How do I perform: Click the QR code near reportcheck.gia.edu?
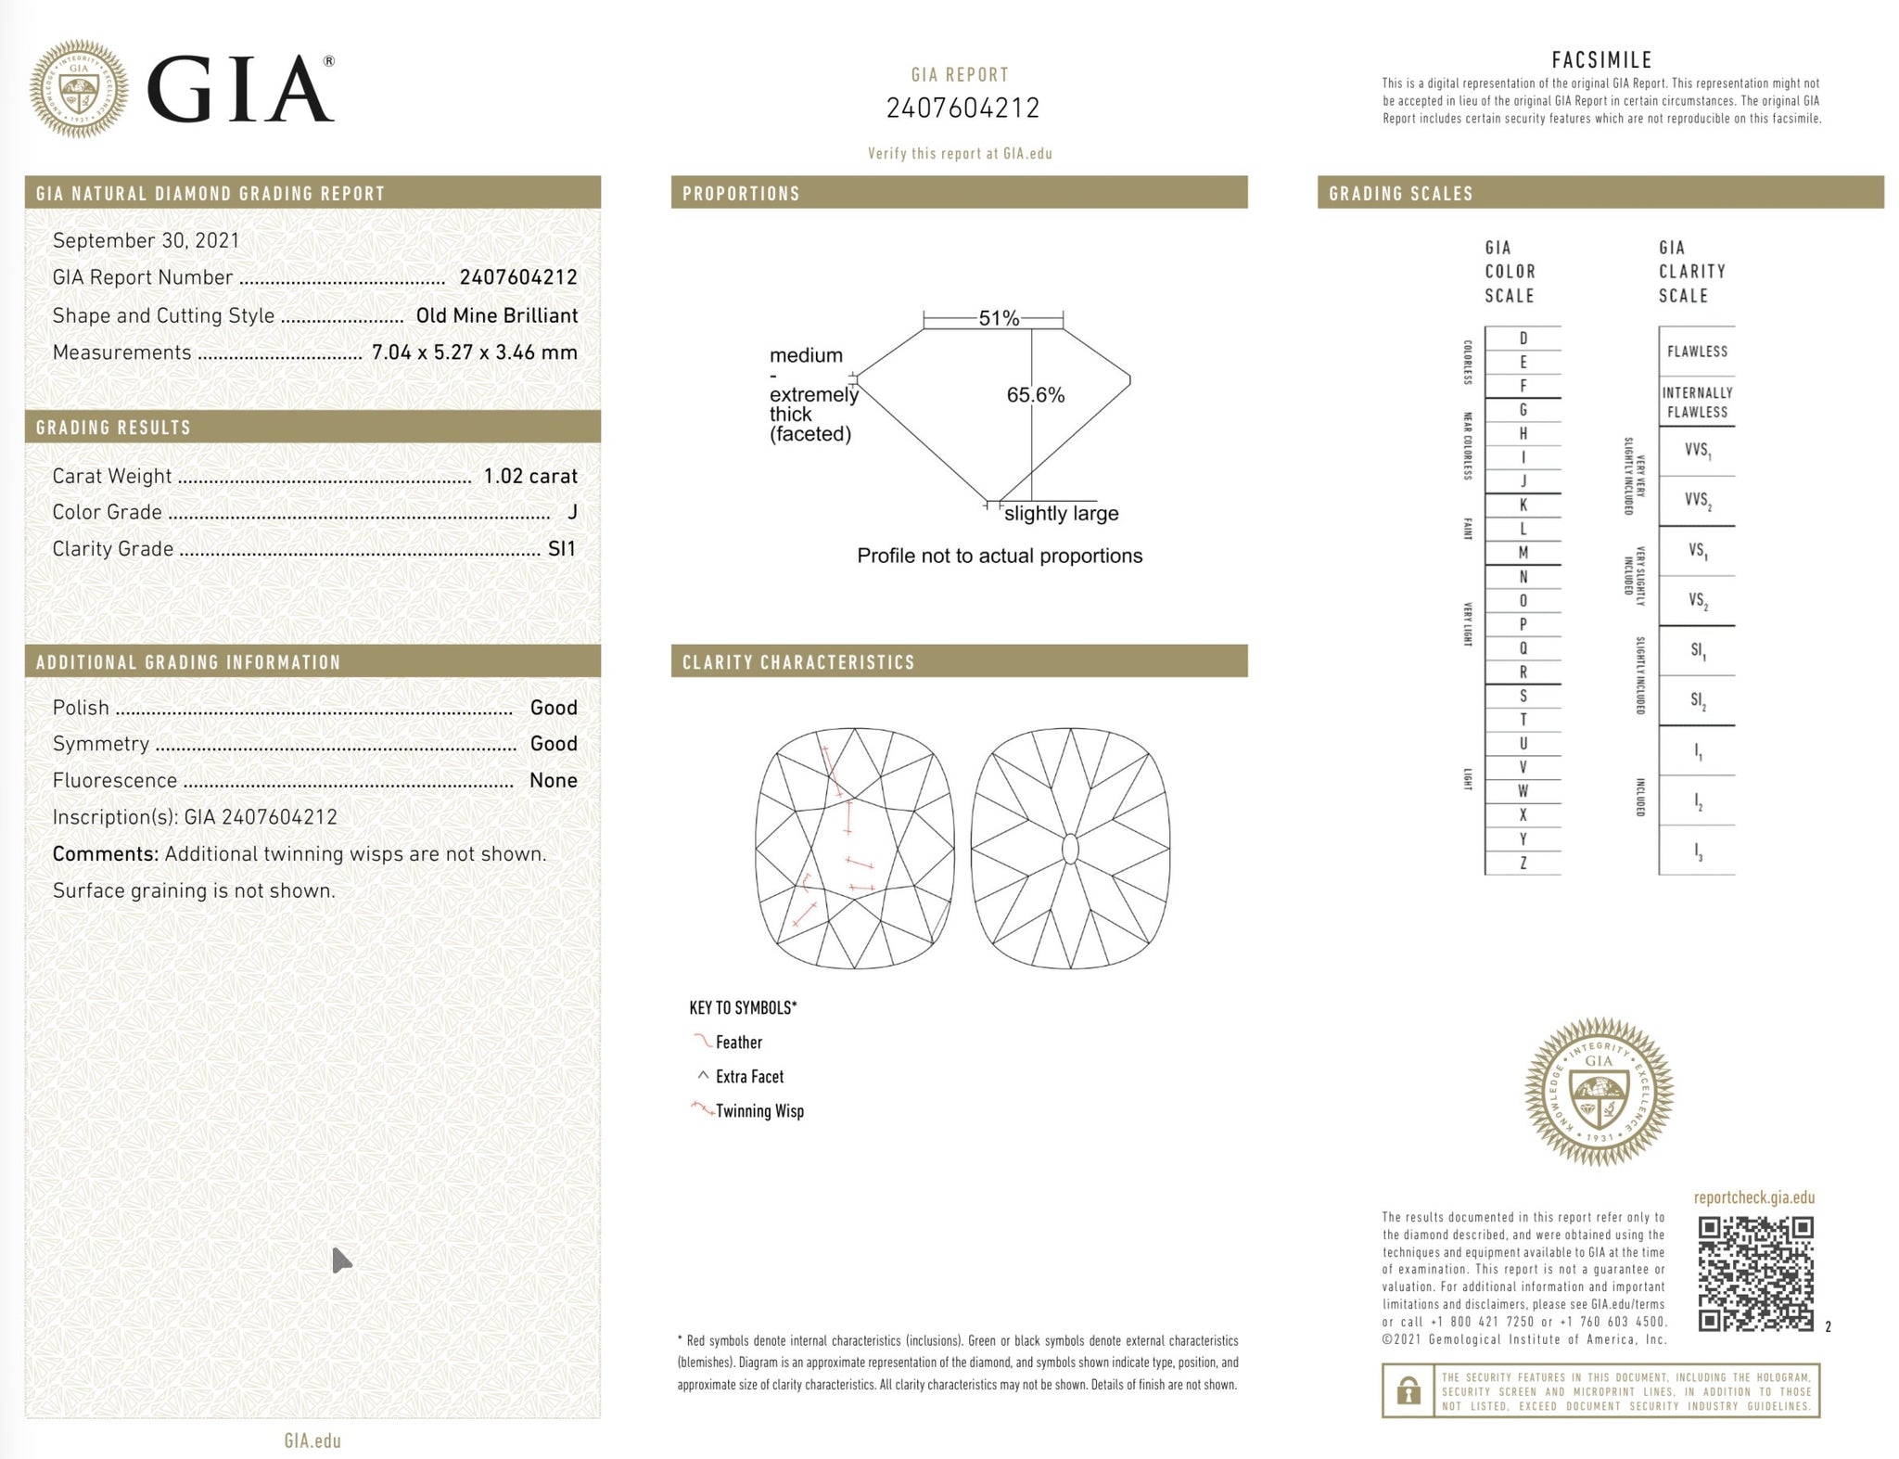pos(1755,1274)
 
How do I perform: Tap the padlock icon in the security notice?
pos(1408,1390)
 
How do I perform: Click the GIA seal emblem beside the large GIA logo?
pos(79,89)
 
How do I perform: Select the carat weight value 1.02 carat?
pos(530,476)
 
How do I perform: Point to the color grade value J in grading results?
pos(572,512)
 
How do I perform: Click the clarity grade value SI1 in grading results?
pos(562,548)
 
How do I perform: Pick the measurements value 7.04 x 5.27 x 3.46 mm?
pos(474,352)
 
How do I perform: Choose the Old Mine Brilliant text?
pos(497,315)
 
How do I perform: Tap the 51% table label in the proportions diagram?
pos(999,318)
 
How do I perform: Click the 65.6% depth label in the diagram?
pos(1035,395)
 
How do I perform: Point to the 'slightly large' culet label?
pos(1061,513)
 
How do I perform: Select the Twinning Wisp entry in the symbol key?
pos(758,1111)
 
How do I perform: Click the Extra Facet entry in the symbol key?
pos(749,1077)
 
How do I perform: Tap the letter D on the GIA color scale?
pos(1523,339)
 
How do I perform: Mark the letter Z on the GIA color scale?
pos(1523,863)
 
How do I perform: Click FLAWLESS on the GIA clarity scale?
pos(1697,352)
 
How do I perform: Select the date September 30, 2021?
pos(147,240)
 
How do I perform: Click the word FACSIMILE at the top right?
pos(1601,60)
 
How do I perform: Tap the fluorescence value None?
pos(553,780)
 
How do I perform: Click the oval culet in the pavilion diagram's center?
pos(1069,849)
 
